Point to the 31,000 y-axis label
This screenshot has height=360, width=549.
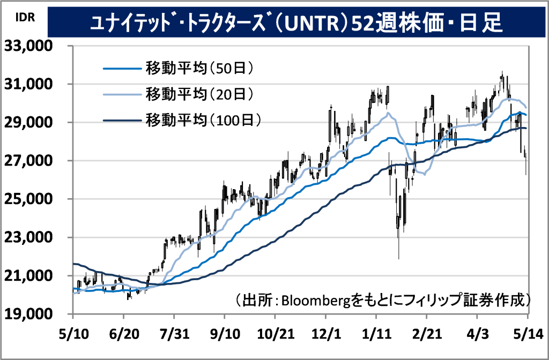[28, 84]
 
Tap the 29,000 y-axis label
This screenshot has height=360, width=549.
[28, 122]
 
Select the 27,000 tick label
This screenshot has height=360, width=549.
[28, 161]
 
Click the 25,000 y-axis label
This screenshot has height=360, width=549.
[28, 199]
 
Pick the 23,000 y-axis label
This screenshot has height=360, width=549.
[28, 237]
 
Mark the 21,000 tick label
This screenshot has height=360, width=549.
[28, 276]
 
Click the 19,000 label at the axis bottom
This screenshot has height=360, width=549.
[28, 314]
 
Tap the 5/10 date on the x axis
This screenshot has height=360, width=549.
[74, 334]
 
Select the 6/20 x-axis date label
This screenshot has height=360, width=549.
[124, 334]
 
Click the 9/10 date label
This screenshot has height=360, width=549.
[225, 334]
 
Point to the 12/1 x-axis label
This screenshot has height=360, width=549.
[326, 334]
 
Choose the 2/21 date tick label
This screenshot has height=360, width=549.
[427, 334]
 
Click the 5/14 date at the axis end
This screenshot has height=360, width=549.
[528, 334]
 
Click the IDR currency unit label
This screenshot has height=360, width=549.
[25, 17]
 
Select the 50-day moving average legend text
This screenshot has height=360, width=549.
[199, 68]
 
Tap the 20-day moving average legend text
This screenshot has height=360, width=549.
[199, 94]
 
